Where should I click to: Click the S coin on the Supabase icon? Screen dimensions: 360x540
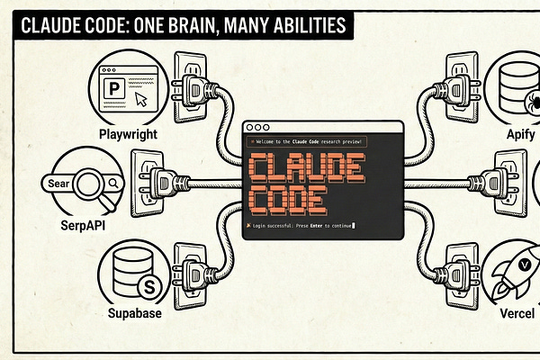coord(149,287)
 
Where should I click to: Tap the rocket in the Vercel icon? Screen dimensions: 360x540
coord(520,278)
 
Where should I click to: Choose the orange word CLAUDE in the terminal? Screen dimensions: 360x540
coord(304,167)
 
